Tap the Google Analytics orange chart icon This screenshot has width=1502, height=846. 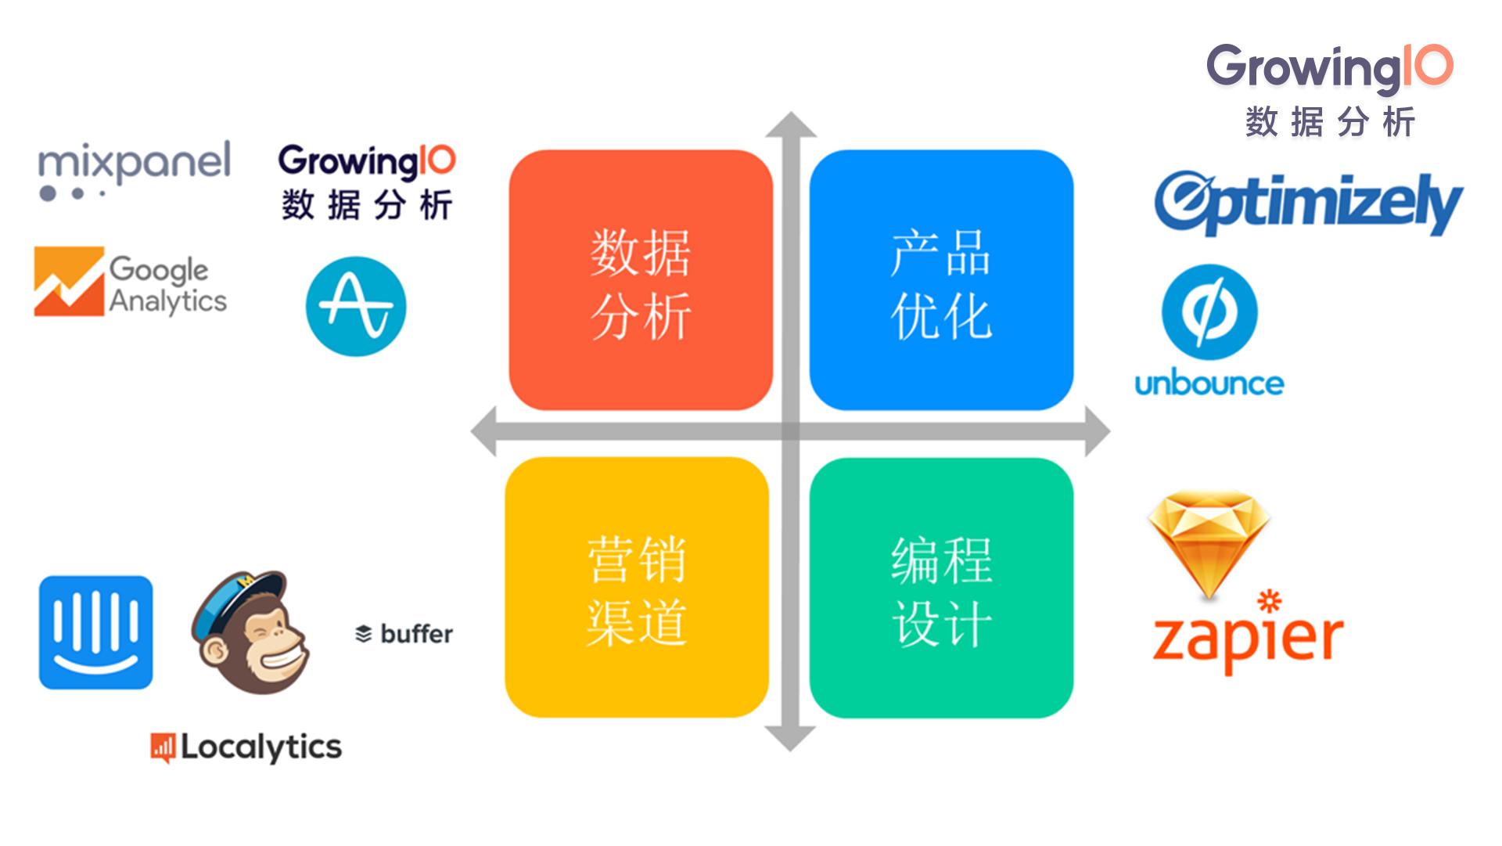(x=69, y=282)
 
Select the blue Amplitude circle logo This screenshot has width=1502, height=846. (x=356, y=306)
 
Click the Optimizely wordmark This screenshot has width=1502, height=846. (x=1309, y=203)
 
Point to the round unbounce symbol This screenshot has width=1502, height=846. (x=1209, y=312)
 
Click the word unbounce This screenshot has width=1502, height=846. (x=1209, y=383)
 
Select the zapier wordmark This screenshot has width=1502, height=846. (x=1248, y=633)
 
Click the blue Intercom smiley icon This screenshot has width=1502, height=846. (x=95, y=633)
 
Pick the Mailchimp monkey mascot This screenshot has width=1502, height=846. (x=250, y=632)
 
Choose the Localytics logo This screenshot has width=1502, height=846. (x=246, y=747)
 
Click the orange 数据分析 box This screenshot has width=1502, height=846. (x=641, y=279)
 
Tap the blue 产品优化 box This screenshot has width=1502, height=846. (x=941, y=279)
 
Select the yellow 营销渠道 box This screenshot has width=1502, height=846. (x=637, y=588)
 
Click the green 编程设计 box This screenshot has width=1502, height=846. (x=941, y=588)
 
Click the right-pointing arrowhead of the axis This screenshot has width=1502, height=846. (x=1098, y=431)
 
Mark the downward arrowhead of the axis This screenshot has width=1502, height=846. (x=790, y=739)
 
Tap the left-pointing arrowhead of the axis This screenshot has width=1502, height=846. (x=483, y=431)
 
